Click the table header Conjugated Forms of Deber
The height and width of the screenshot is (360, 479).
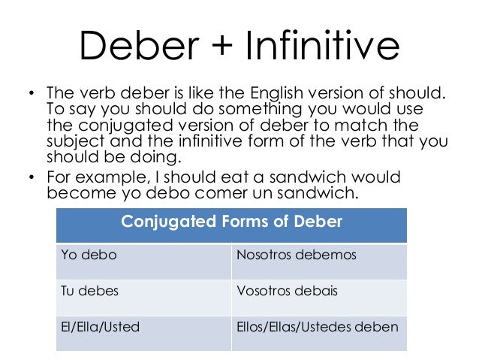click(x=231, y=222)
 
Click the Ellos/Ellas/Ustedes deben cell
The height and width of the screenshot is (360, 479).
click(x=318, y=327)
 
